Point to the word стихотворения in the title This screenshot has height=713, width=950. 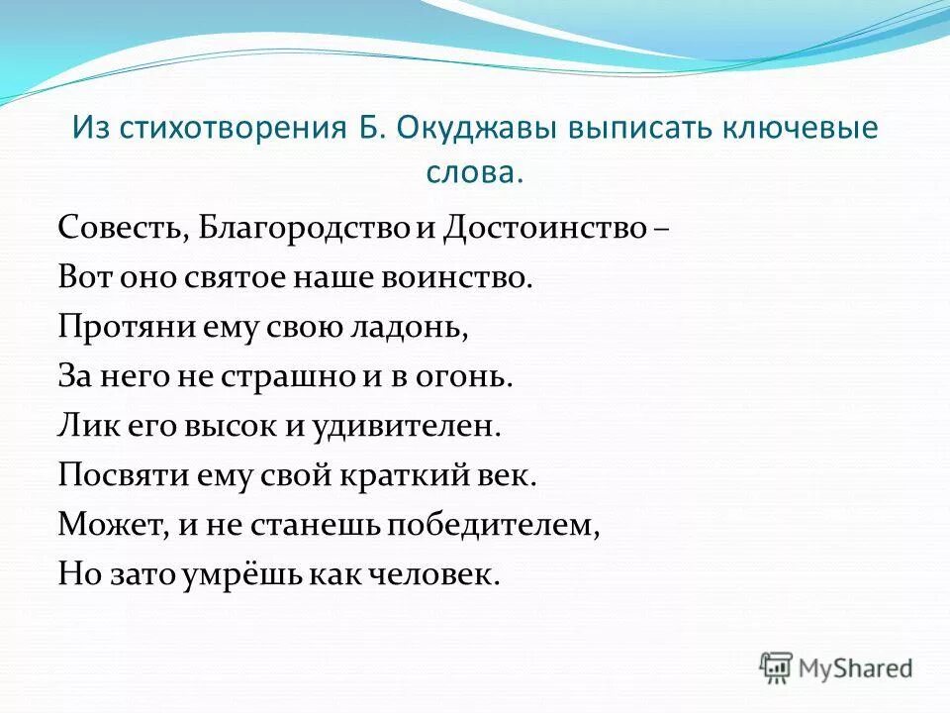click(231, 130)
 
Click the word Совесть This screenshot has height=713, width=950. click(118, 229)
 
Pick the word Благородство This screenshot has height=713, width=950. click(303, 229)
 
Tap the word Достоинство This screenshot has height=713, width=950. click(544, 229)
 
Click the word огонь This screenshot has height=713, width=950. click(467, 377)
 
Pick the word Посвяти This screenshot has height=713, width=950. click(123, 476)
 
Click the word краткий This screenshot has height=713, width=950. click(406, 476)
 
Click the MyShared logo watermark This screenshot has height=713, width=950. click(836, 666)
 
